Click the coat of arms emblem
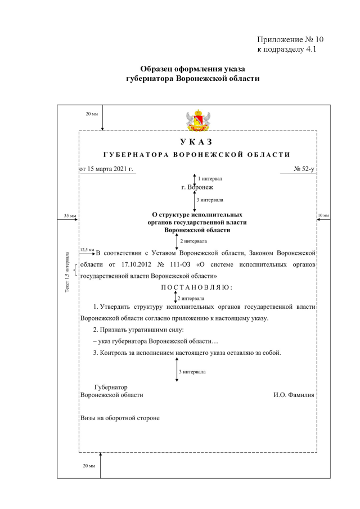click(197, 119)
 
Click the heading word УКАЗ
click(196, 142)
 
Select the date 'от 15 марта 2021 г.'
click(106, 168)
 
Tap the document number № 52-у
click(304, 168)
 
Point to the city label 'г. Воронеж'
click(197, 187)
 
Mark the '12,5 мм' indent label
click(87, 249)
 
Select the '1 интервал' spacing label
click(210, 178)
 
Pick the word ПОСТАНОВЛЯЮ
click(197, 287)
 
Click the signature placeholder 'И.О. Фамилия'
click(294, 395)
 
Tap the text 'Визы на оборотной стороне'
click(120, 418)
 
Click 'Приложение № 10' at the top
click(290, 40)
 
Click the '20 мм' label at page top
click(91, 114)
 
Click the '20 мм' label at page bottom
click(89, 466)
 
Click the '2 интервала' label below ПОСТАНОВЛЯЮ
click(191, 298)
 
